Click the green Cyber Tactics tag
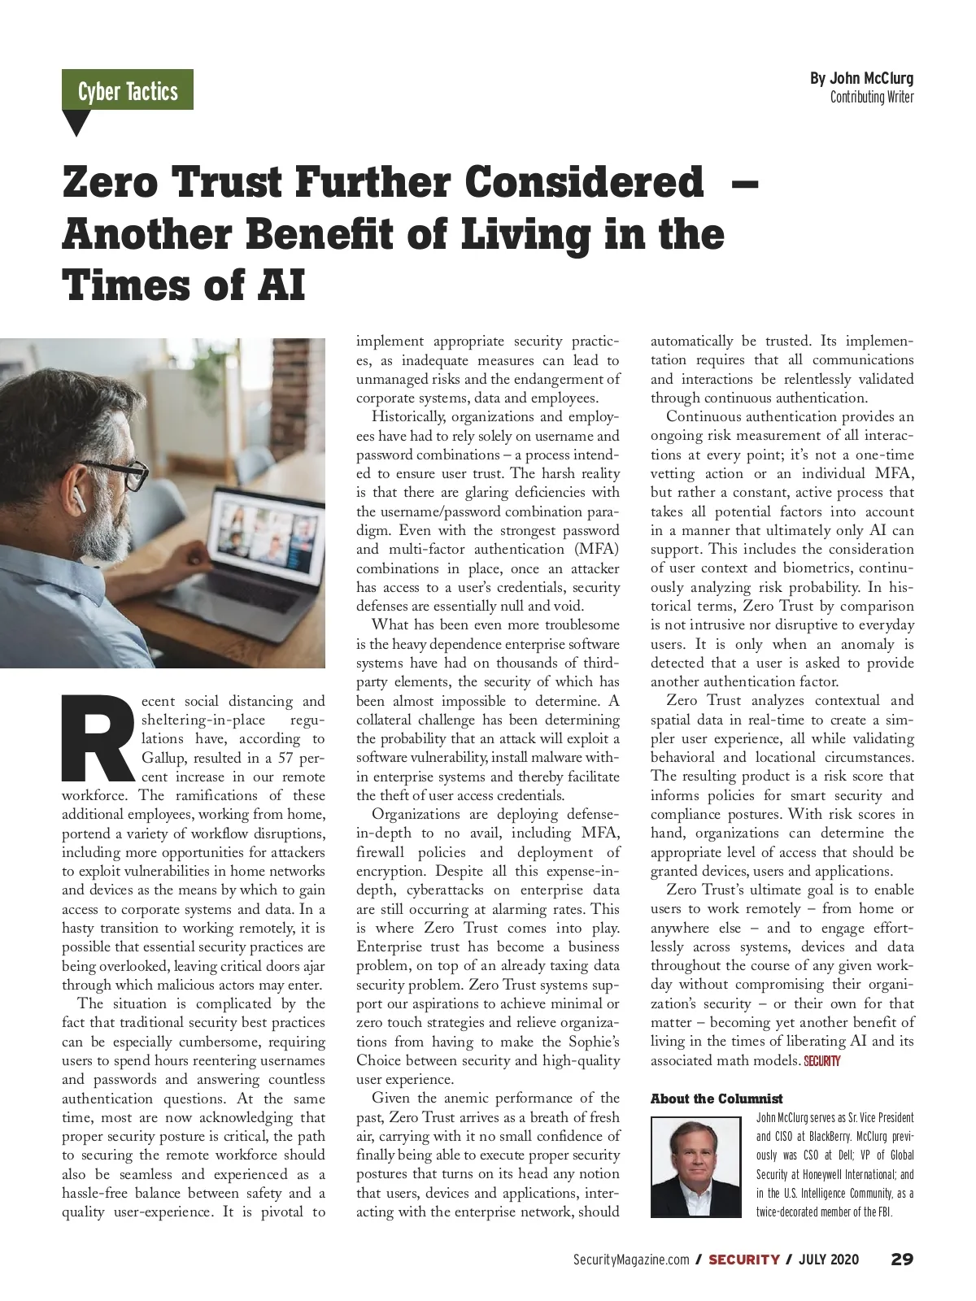coord(128,90)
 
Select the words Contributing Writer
coord(871,98)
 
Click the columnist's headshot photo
coord(695,1167)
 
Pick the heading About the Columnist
coord(717,1099)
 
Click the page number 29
coord(901,1260)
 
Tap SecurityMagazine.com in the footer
coord(631,1260)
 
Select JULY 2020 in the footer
coord(828,1260)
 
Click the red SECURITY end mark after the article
coord(821,1061)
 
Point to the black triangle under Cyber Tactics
coord(76,123)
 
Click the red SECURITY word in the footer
coord(743,1260)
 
